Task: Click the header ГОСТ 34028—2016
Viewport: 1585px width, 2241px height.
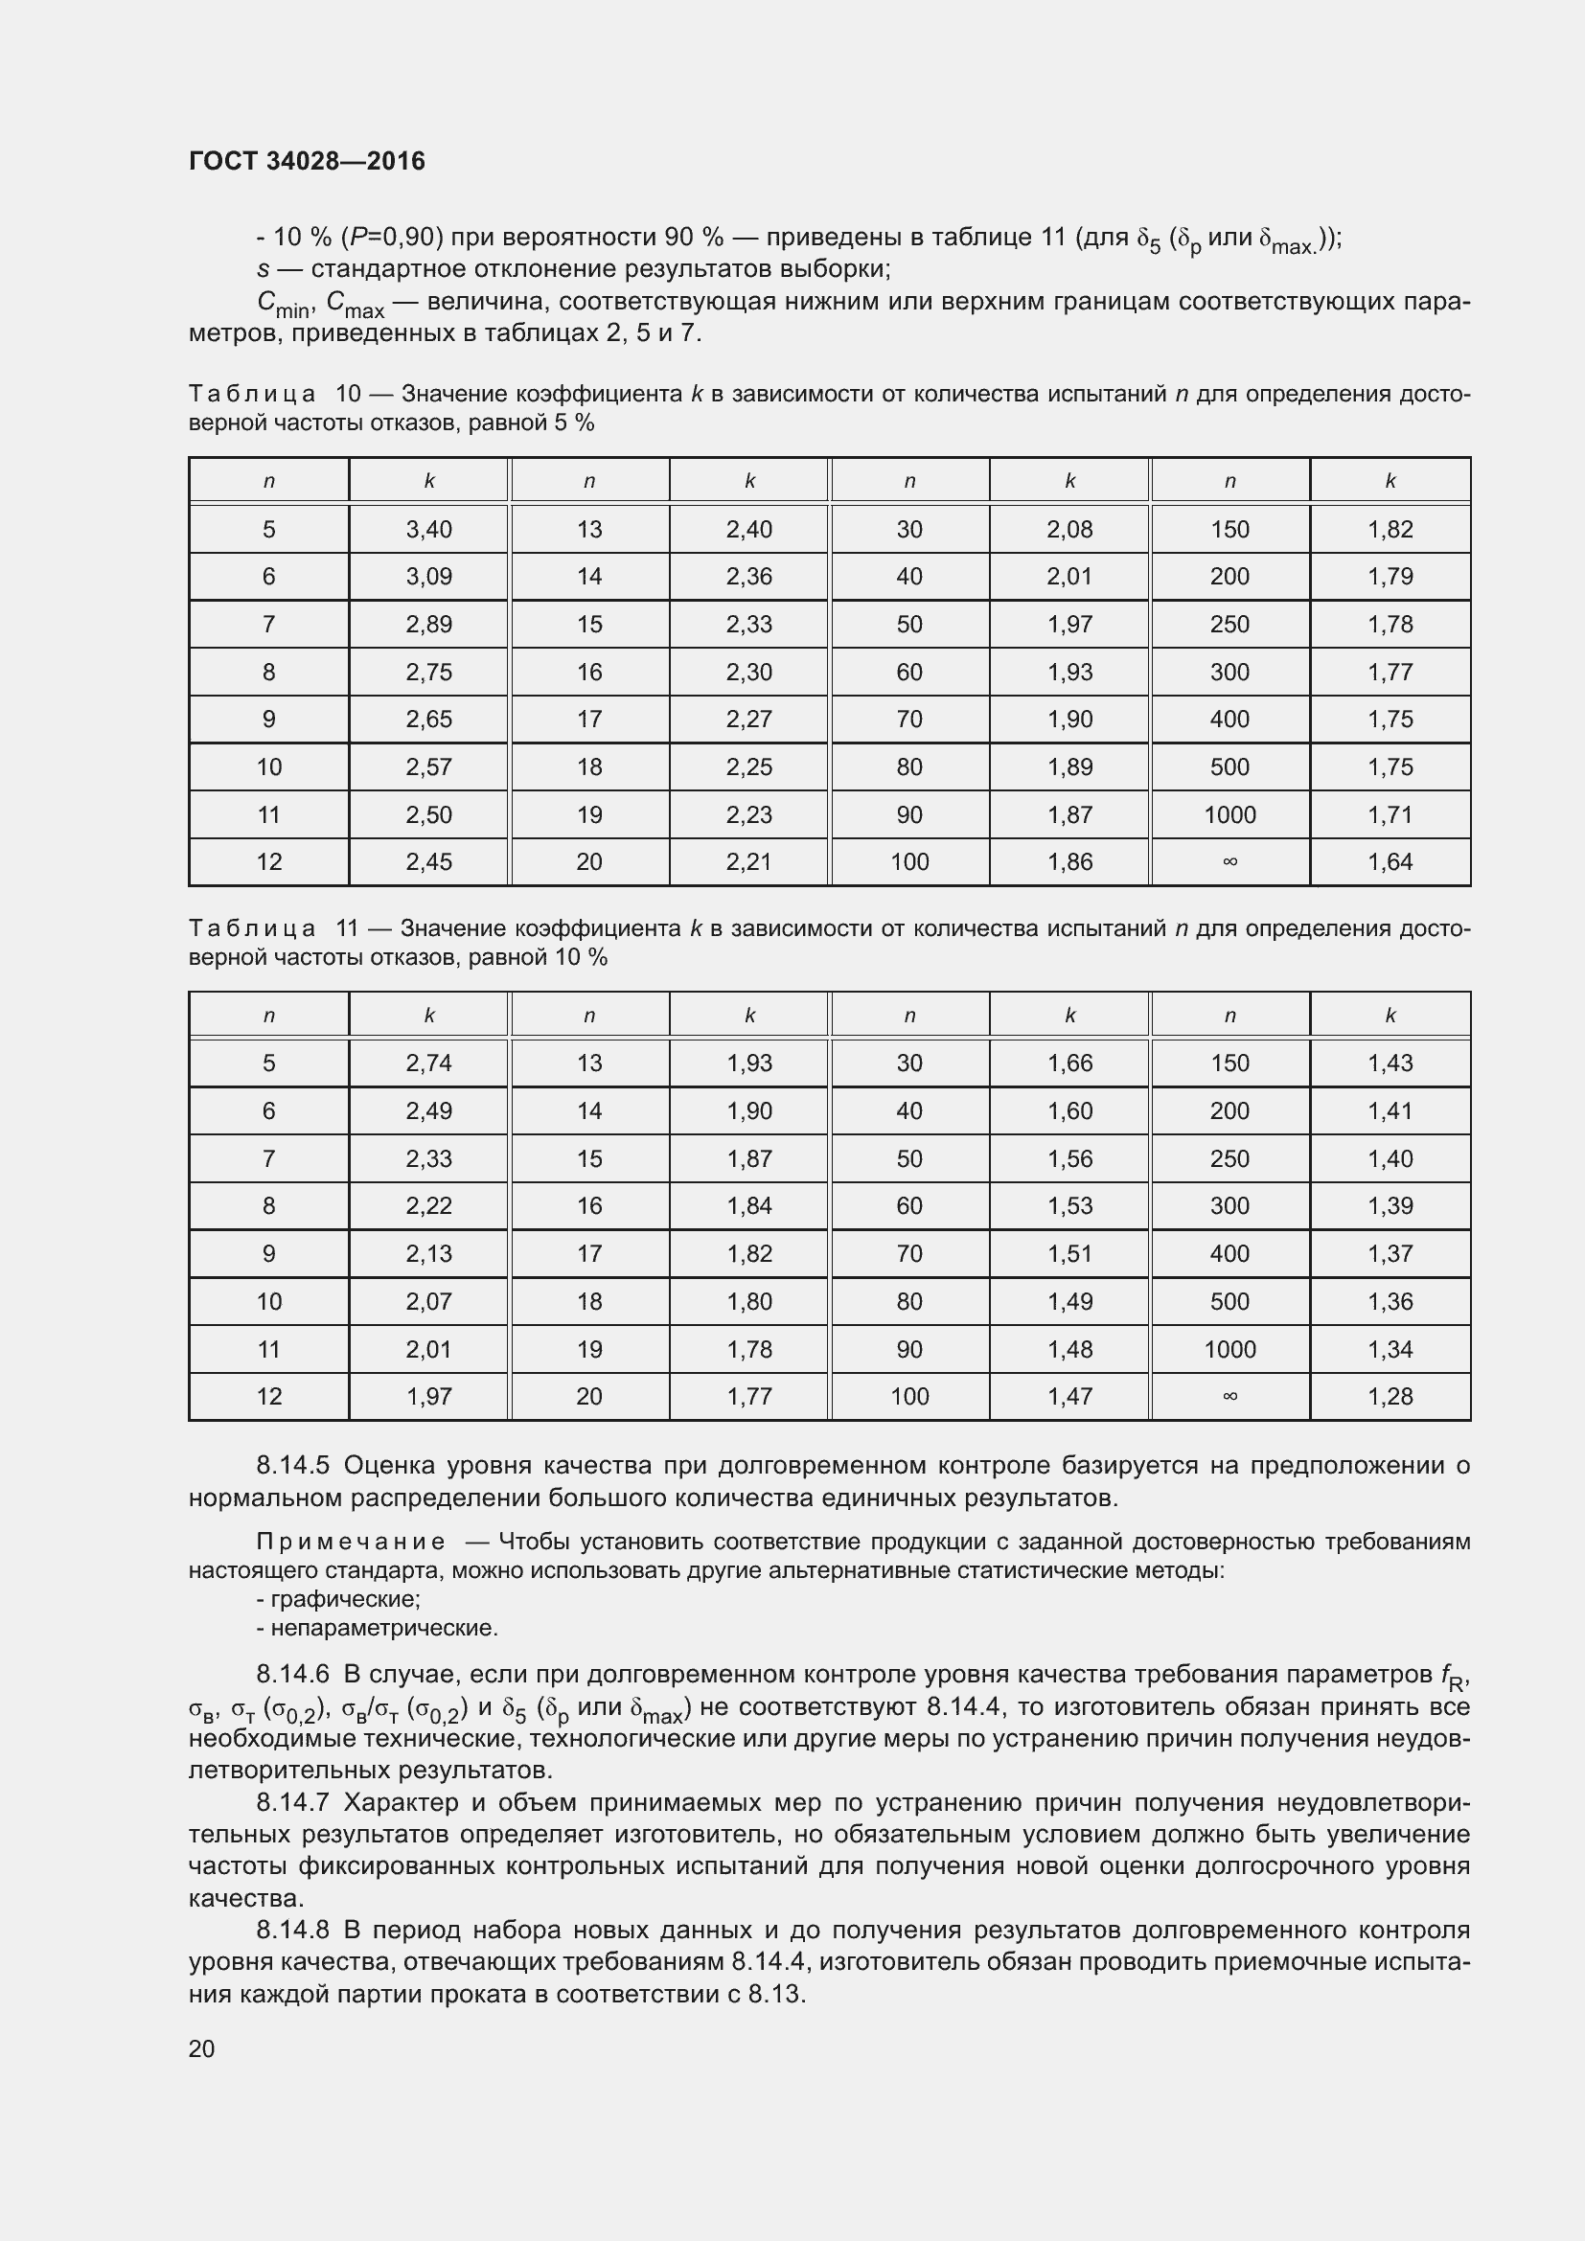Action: point(307,161)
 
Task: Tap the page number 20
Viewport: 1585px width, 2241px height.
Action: point(202,2048)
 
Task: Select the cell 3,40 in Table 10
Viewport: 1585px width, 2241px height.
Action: point(428,529)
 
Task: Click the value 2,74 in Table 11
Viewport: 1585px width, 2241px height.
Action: point(428,1063)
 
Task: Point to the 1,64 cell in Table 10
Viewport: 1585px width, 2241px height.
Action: point(1390,862)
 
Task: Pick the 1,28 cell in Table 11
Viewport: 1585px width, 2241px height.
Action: point(1390,1397)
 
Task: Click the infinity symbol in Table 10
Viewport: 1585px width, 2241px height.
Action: point(1229,862)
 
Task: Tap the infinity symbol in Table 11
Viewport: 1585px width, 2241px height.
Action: point(1229,1397)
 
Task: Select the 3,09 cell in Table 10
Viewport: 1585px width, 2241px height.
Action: point(428,577)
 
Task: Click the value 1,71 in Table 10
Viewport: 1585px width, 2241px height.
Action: point(1390,815)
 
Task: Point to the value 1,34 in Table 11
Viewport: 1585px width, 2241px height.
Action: point(1390,1349)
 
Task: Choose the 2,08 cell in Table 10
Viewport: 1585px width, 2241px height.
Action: point(1069,529)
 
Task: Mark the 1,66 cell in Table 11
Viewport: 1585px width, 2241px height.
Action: point(1069,1063)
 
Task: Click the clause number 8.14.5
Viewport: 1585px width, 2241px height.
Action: point(294,1466)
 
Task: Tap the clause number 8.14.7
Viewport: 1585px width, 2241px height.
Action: point(294,1802)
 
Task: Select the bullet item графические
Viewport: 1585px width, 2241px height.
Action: point(345,1599)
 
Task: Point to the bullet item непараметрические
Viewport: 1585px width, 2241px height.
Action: point(383,1627)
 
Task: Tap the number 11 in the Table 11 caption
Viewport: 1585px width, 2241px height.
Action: point(347,928)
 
